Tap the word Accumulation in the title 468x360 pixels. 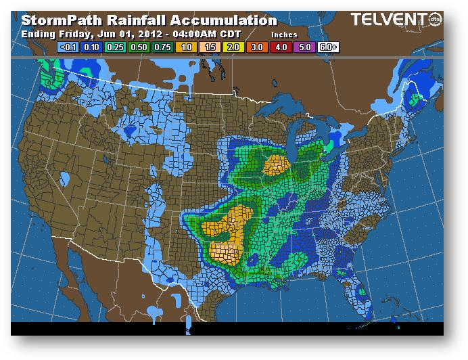[227, 21]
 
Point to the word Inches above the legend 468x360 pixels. [284, 34]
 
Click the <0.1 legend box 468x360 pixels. [69, 47]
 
